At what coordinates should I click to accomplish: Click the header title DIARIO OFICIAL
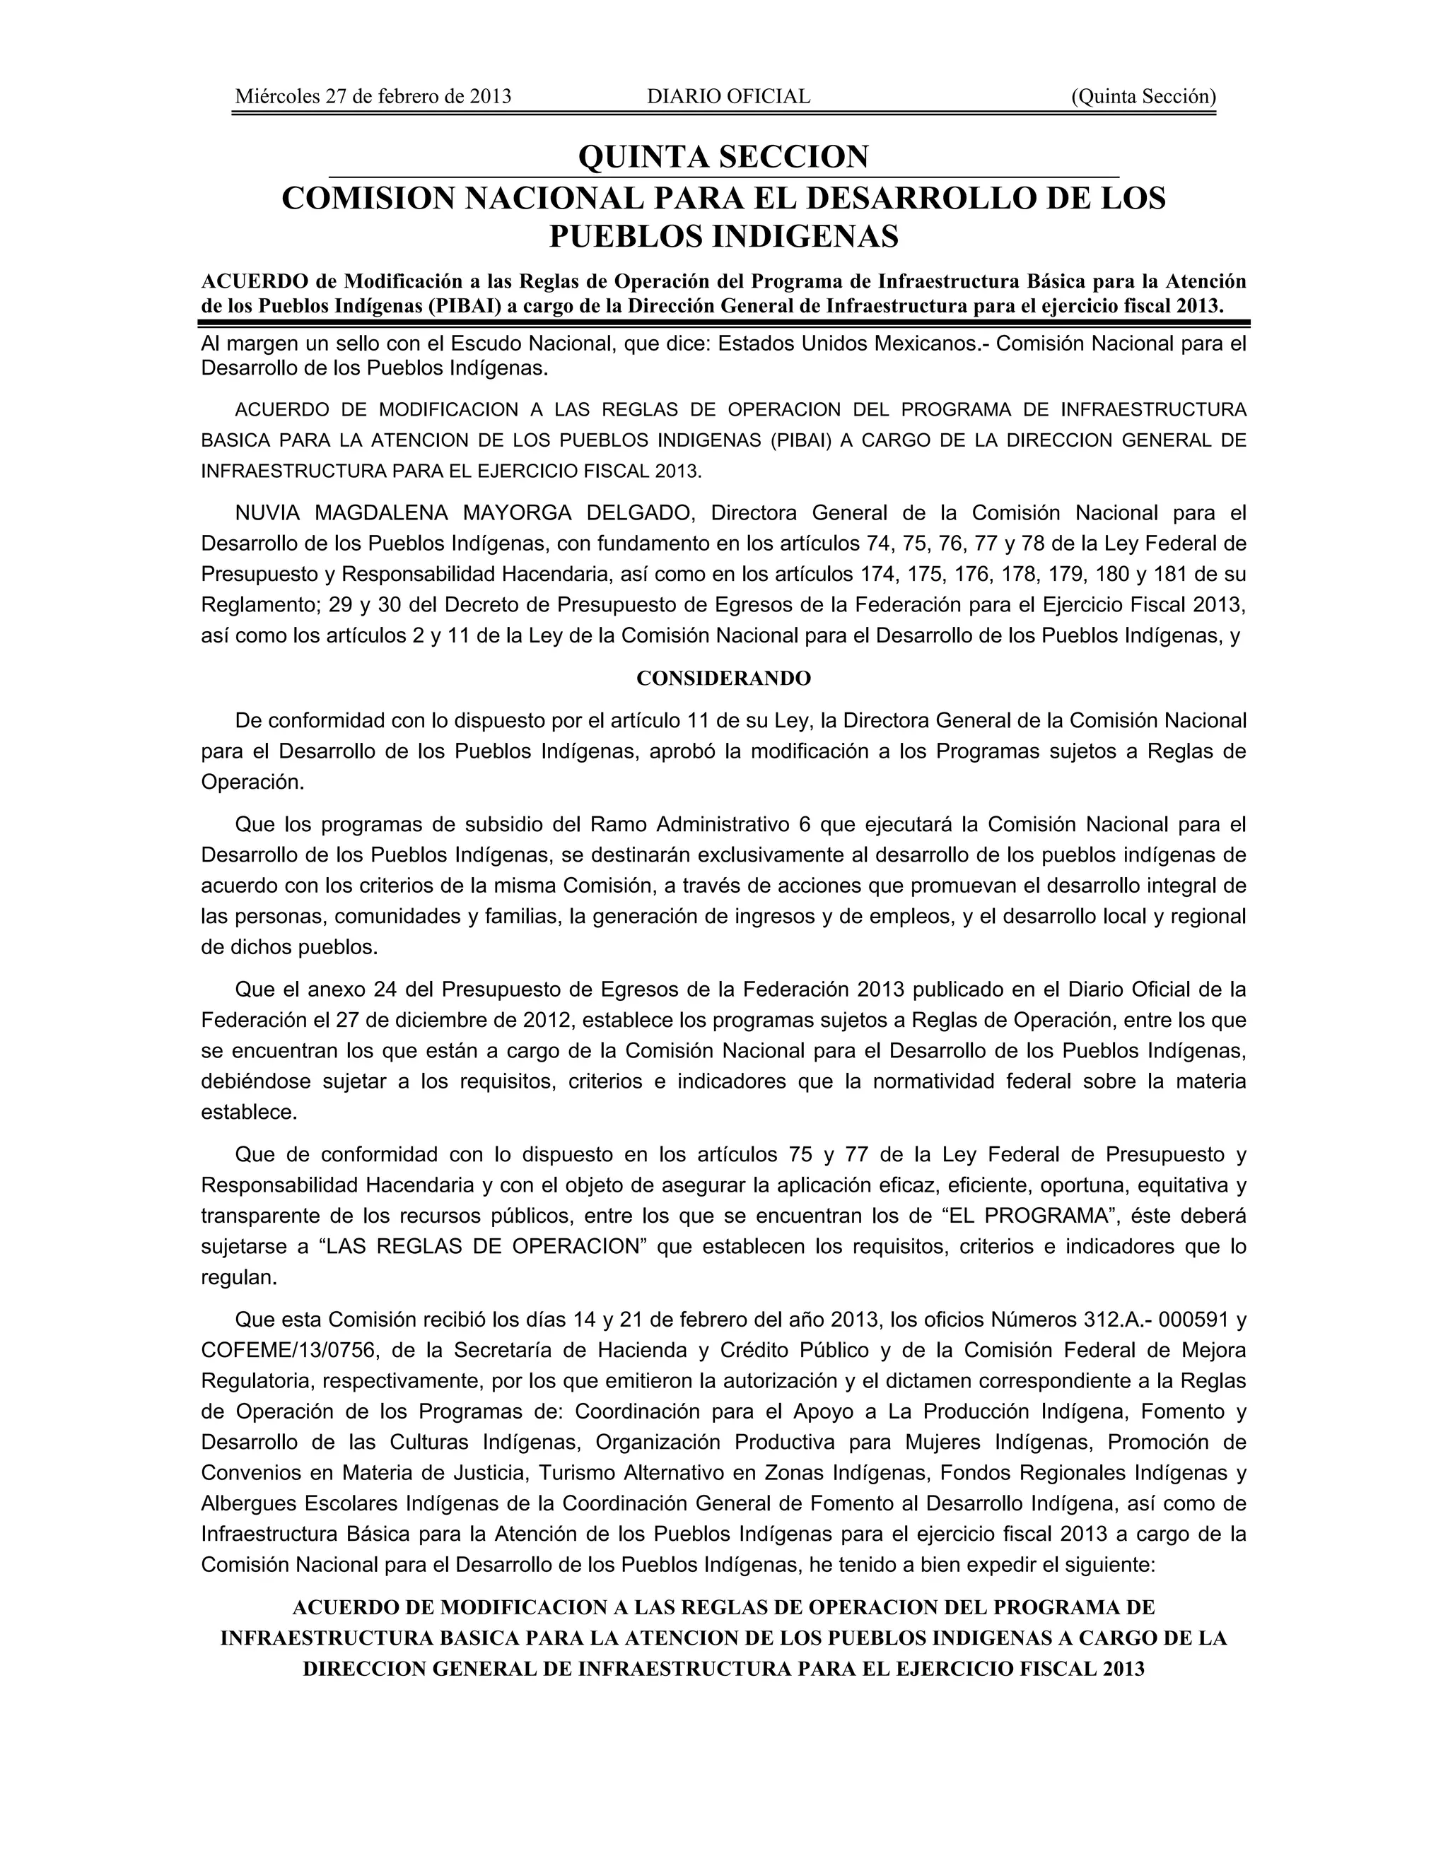coord(728,97)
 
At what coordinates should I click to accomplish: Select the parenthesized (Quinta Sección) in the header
coord(1143,97)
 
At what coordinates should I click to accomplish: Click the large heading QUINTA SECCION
coord(723,157)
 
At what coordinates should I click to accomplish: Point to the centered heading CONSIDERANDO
coord(723,679)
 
